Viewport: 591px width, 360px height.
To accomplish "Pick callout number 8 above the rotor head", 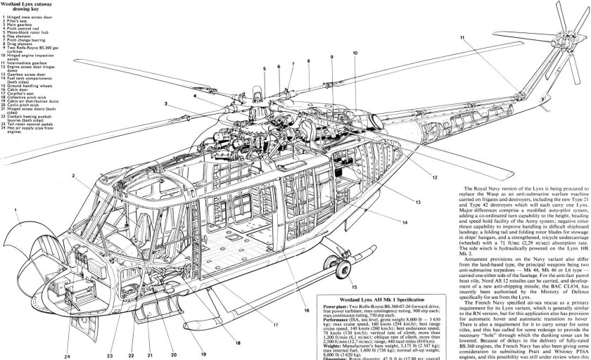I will tap(309, 62).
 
